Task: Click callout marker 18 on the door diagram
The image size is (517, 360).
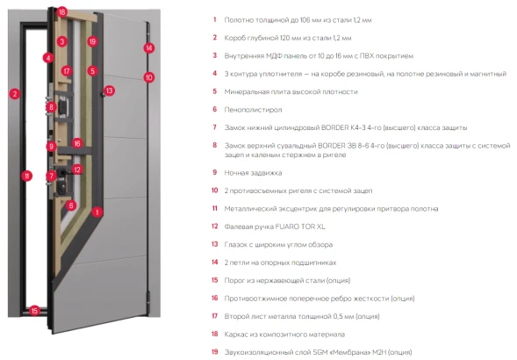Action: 62,12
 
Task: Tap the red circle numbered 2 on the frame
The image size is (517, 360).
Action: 15,94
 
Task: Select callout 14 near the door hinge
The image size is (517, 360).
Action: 149,48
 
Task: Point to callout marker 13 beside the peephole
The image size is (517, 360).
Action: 109,90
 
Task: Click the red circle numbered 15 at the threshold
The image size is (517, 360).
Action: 34,311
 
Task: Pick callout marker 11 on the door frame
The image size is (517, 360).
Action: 27,176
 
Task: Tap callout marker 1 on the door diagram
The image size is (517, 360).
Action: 97,212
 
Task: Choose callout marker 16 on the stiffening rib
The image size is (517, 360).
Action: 77,143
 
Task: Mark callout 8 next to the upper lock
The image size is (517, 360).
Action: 51,107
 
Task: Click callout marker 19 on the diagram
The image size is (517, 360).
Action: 92,41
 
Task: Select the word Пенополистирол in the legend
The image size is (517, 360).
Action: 253,110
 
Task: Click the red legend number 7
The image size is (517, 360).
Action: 215,127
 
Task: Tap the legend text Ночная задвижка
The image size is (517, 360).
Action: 253,173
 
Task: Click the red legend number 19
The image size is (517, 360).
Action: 215,352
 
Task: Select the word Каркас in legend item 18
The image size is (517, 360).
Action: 235,335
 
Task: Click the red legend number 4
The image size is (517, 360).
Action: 215,73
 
